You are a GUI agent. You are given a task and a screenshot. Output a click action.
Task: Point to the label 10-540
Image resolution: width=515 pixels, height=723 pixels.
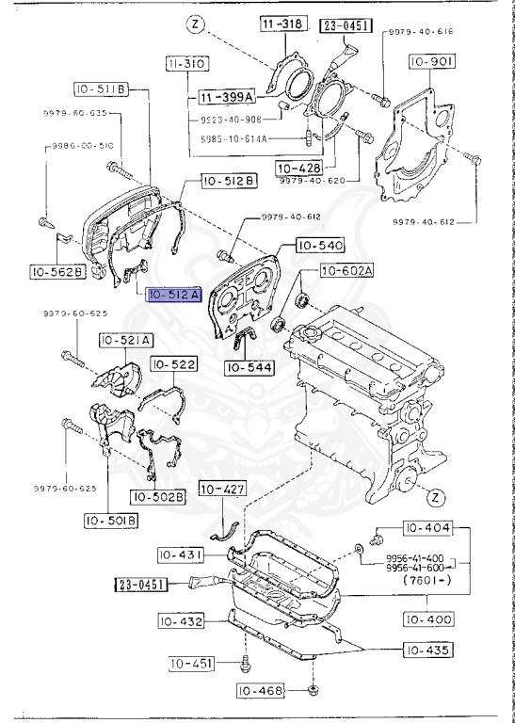tap(320, 246)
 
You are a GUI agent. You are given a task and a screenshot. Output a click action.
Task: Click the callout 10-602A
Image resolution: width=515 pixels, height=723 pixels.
tap(346, 271)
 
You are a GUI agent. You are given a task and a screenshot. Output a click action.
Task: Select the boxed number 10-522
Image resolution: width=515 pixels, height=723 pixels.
tap(173, 363)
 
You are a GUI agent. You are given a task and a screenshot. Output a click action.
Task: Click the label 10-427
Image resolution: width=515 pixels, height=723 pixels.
tap(221, 490)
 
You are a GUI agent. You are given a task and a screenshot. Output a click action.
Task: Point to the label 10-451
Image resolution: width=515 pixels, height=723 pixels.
tap(193, 665)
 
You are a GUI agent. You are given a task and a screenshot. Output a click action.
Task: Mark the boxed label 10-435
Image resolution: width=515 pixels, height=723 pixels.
tap(427, 650)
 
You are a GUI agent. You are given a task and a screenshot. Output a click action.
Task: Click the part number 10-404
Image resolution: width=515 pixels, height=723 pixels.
tap(427, 528)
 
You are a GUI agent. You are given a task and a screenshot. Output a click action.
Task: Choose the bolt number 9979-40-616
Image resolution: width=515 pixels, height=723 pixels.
tap(419, 31)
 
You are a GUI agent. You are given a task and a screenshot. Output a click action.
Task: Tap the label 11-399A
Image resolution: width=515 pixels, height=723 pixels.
tap(225, 97)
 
